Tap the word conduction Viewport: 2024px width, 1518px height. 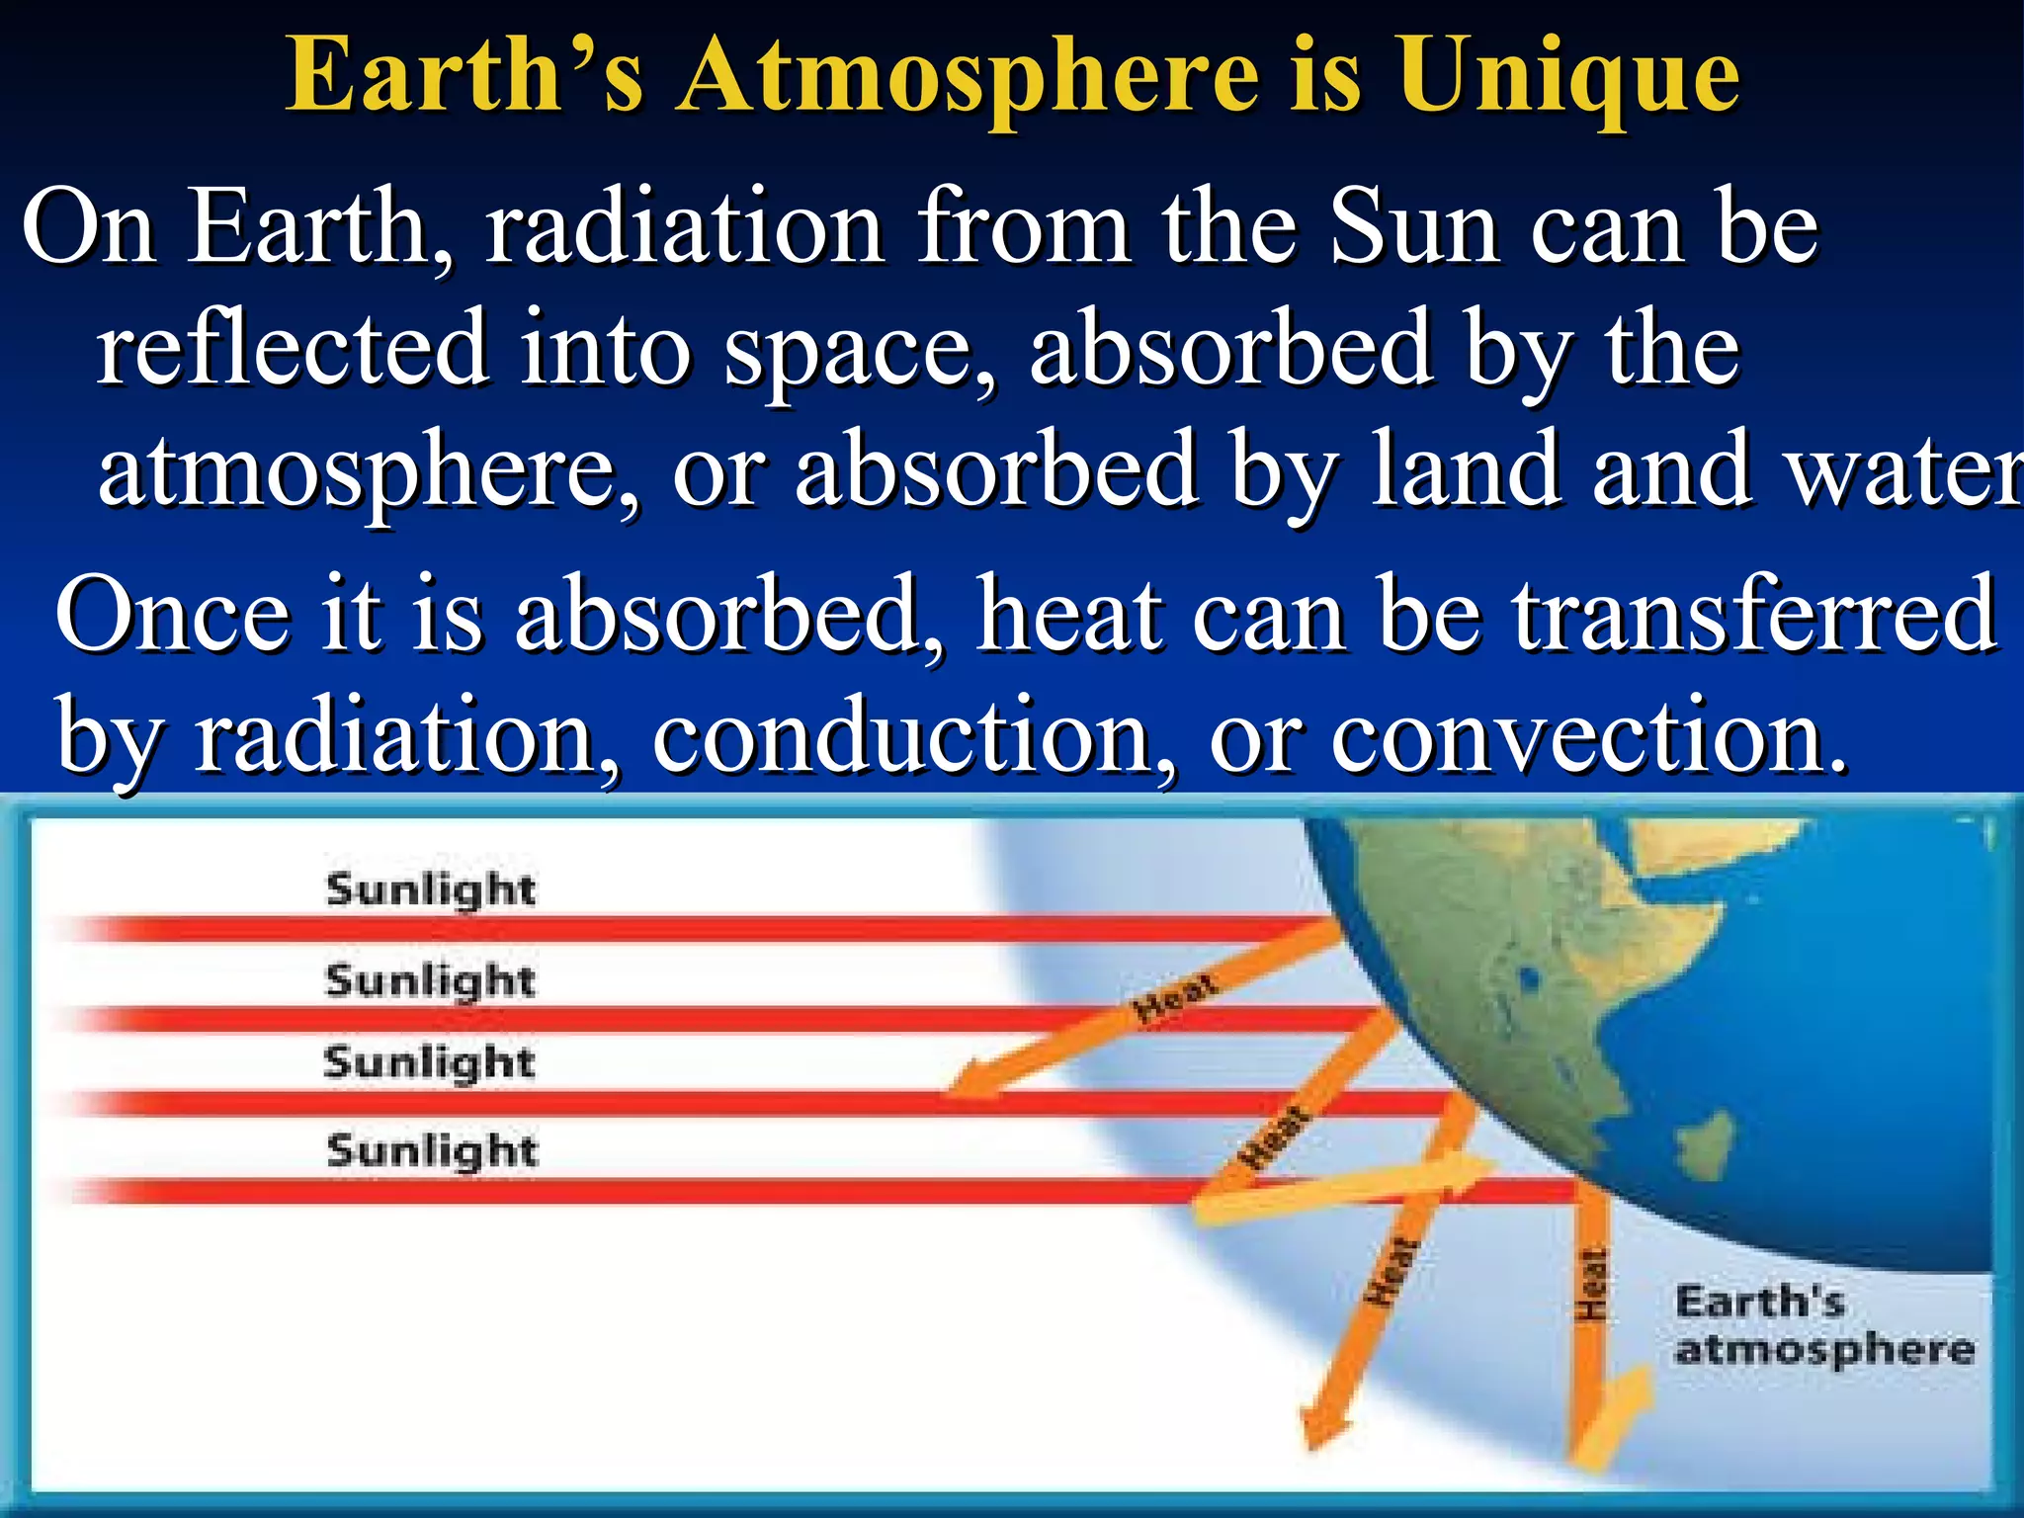tap(899, 736)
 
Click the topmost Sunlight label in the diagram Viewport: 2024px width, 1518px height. tap(431, 889)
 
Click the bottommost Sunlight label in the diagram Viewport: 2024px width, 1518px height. tap(432, 1151)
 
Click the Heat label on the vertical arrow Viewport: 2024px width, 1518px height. tap(1591, 1285)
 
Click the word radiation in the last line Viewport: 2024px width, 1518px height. tap(405, 736)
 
